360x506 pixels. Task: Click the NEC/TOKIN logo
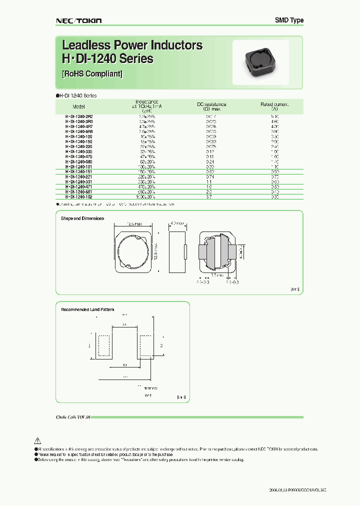click(78, 20)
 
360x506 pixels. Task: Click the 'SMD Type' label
click(289, 20)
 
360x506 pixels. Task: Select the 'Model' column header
click(78, 107)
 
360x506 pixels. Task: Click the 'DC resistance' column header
click(211, 104)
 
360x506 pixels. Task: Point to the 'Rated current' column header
click(274, 104)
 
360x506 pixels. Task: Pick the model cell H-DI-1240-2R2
click(79, 116)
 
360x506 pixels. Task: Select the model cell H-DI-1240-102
click(79, 197)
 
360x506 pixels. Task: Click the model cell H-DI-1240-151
click(79, 171)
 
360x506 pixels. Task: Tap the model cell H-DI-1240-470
click(79, 156)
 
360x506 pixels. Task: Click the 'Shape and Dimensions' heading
click(82, 218)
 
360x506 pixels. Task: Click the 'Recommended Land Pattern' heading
click(87, 309)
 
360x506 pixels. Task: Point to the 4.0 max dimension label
click(178, 222)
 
